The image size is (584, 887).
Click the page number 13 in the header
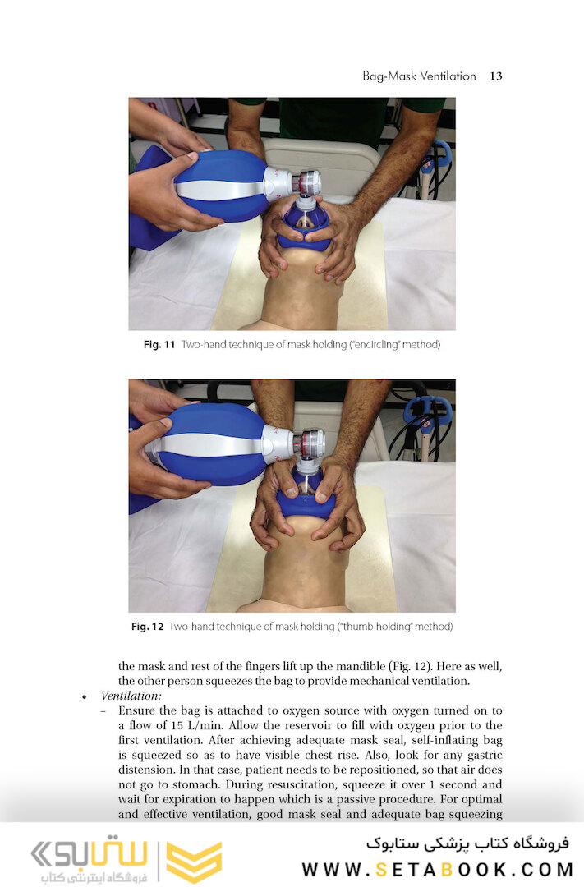(496, 76)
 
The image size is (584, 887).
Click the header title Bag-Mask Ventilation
(420, 76)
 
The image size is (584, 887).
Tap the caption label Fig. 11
(159, 344)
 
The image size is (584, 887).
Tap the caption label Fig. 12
(147, 627)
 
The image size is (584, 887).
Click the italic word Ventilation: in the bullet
(131, 696)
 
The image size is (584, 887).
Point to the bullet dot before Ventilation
(85, 697)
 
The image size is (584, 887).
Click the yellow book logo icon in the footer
(194, 862)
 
